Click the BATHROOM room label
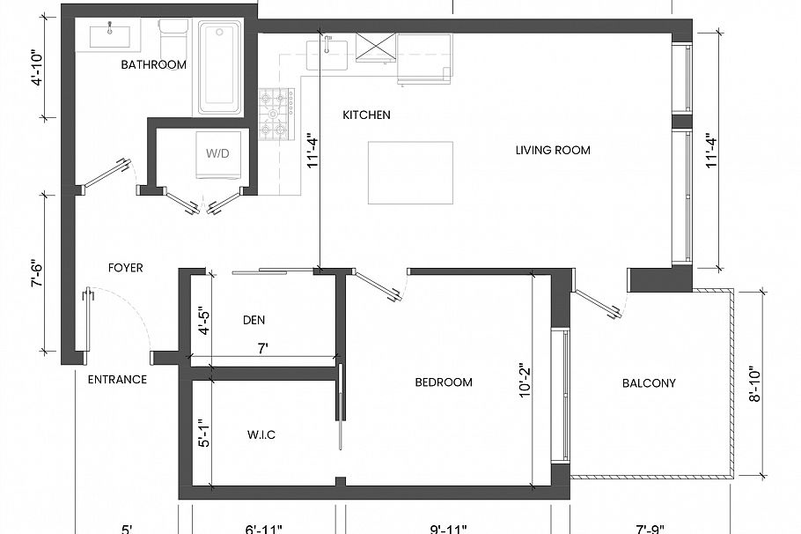tap(153, 64)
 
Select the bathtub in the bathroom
tap(219, 68)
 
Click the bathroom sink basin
tap(110, 36)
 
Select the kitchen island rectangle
tap(397, 172)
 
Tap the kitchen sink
tap(327, 53)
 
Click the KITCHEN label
tap(366, 115)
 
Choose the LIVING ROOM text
tap(553, 150)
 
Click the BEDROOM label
tap(444, 382)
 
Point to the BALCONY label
tap(649, 382)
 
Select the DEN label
tap(254, 320)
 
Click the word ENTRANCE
tap(117, 379)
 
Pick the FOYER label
tap(125, 267)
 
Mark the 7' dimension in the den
tap(262, 350)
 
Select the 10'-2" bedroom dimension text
tap(524, 381)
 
